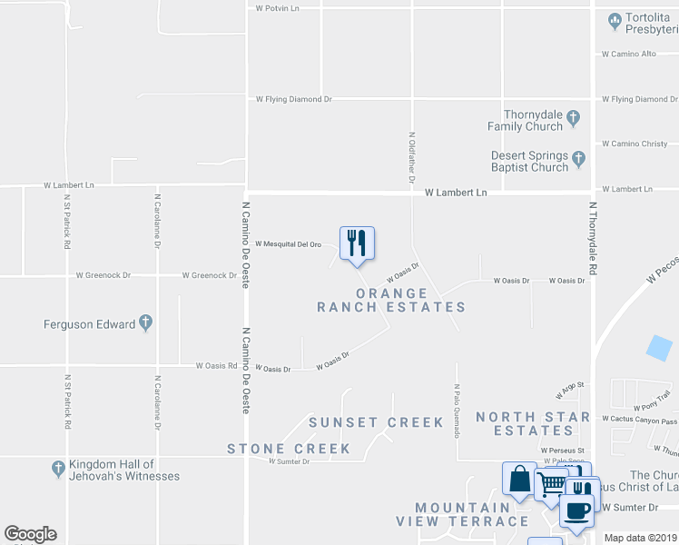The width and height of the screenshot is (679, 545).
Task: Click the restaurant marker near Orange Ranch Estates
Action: click(x=357, y=243)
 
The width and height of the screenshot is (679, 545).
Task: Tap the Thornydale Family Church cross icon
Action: click(x=574, y=117)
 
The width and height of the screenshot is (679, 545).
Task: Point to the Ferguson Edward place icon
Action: click(x=145, y=323)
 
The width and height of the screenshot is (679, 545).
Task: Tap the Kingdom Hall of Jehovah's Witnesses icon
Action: click(x=57, y=469)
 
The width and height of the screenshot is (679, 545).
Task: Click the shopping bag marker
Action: click(x=519, y=479)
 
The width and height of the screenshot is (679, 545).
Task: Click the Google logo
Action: click(x=30, y=534)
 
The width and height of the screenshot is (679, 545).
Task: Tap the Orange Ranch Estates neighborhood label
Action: click(x=391, y=301)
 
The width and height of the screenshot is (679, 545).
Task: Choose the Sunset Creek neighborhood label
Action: click(x=376, y=422)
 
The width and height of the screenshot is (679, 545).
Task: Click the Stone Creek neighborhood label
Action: click(x=289, y=449)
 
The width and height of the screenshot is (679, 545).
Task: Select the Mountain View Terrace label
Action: click(x=462, y=514)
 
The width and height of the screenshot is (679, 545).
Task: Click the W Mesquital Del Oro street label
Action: click(x=289, y=244)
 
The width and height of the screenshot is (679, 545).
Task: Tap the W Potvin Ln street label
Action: click(x=277, y=8)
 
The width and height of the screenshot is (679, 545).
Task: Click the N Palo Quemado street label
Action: click(x=457, y=410)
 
